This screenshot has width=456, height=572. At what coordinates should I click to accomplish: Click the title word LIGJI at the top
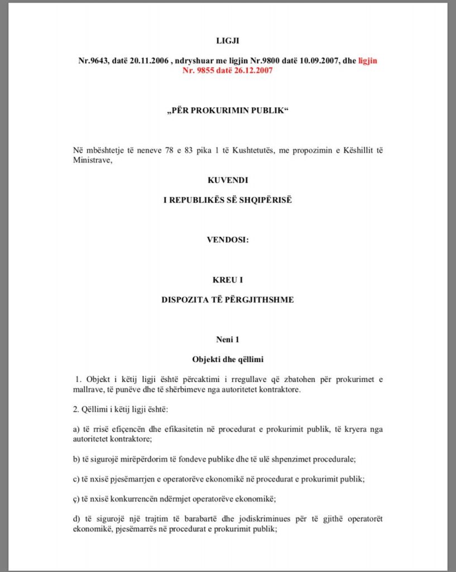227,41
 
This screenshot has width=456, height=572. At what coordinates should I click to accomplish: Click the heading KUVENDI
227,181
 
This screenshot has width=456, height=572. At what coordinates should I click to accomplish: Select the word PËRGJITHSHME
262,299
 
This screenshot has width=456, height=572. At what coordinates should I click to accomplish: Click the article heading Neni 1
227,339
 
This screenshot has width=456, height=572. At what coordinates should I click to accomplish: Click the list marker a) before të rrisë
76,429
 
